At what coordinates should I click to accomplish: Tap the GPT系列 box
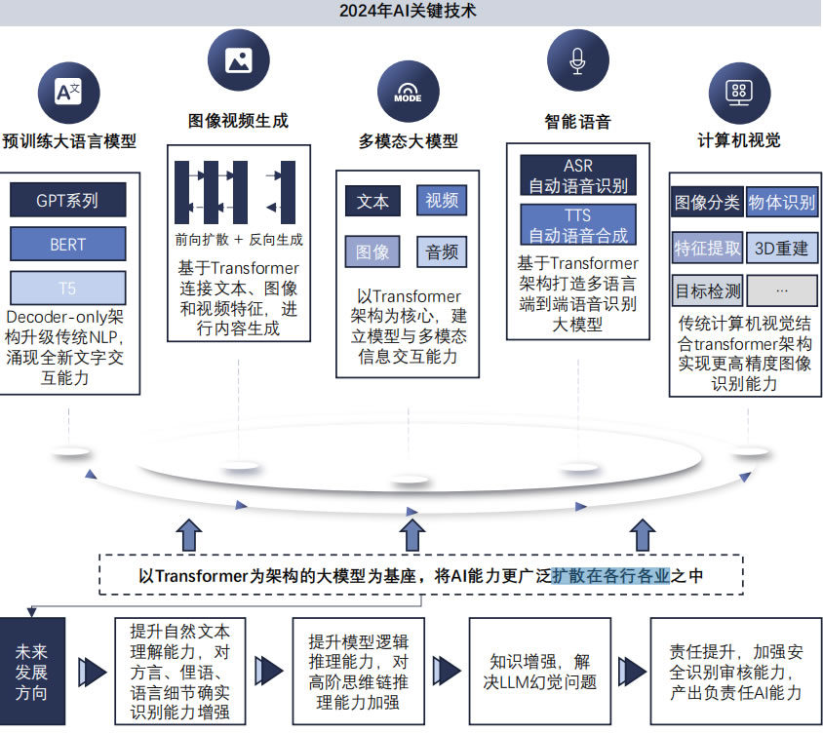click(x=67, y=201)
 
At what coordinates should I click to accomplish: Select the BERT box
click(x=67, y=245)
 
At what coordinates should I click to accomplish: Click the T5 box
click(x=67, y=288)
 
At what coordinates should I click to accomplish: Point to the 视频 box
click(x=441, y=201)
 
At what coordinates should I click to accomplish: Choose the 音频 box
click(x=441, y=252)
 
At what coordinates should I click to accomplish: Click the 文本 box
click(x=372, y=201)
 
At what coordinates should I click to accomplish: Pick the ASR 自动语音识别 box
click(x=577, y=175)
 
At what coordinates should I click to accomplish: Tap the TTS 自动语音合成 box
click(x=577, y=224)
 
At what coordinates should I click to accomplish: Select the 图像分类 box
click(x=706, y=203)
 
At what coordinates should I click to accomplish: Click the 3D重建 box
click(x=782, y=248)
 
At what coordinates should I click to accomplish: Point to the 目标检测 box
click(x=706, y=290)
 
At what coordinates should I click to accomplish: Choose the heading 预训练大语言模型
click(x=69, y=141)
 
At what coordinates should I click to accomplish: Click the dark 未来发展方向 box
click(x=32, y=672)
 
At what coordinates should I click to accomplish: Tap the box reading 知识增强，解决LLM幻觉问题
click(x=539, y=672)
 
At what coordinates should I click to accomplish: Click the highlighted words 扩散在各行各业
click(x=610, y=575)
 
